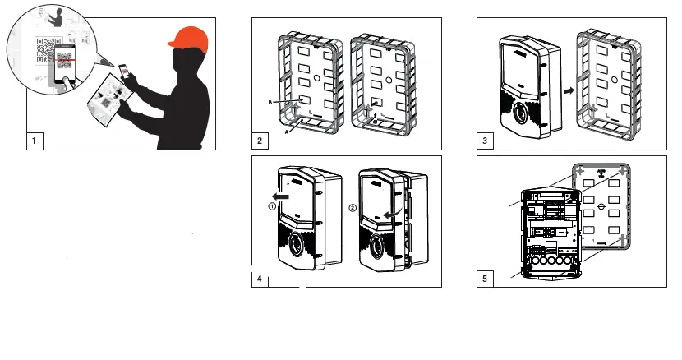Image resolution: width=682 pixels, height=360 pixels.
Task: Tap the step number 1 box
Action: [x=35, y=141]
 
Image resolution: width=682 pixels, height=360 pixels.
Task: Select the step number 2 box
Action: [x=260, y=141]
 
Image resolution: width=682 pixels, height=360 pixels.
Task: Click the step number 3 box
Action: [x=486, y=141]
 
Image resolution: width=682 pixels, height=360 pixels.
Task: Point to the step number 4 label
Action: [x=260, y=279]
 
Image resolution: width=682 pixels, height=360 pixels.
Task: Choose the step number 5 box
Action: [x=486, y=279]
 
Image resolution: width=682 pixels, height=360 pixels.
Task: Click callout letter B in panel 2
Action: [x=270, y=102]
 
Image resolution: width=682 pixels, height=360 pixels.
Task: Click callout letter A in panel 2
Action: [x=286, y=129]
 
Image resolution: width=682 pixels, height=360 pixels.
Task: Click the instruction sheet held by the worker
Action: [x=108, y=98]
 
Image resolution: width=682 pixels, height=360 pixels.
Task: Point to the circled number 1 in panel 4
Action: [x=270, y=207]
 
